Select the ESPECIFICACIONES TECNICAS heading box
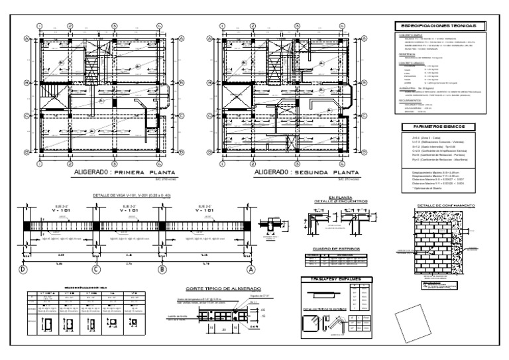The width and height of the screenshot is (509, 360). click(439, 25)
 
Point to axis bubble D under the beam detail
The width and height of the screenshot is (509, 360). click(23, 270)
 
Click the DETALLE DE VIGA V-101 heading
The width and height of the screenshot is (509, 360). click(133, 196)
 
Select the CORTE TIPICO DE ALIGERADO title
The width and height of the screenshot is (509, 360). click(218, 290)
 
